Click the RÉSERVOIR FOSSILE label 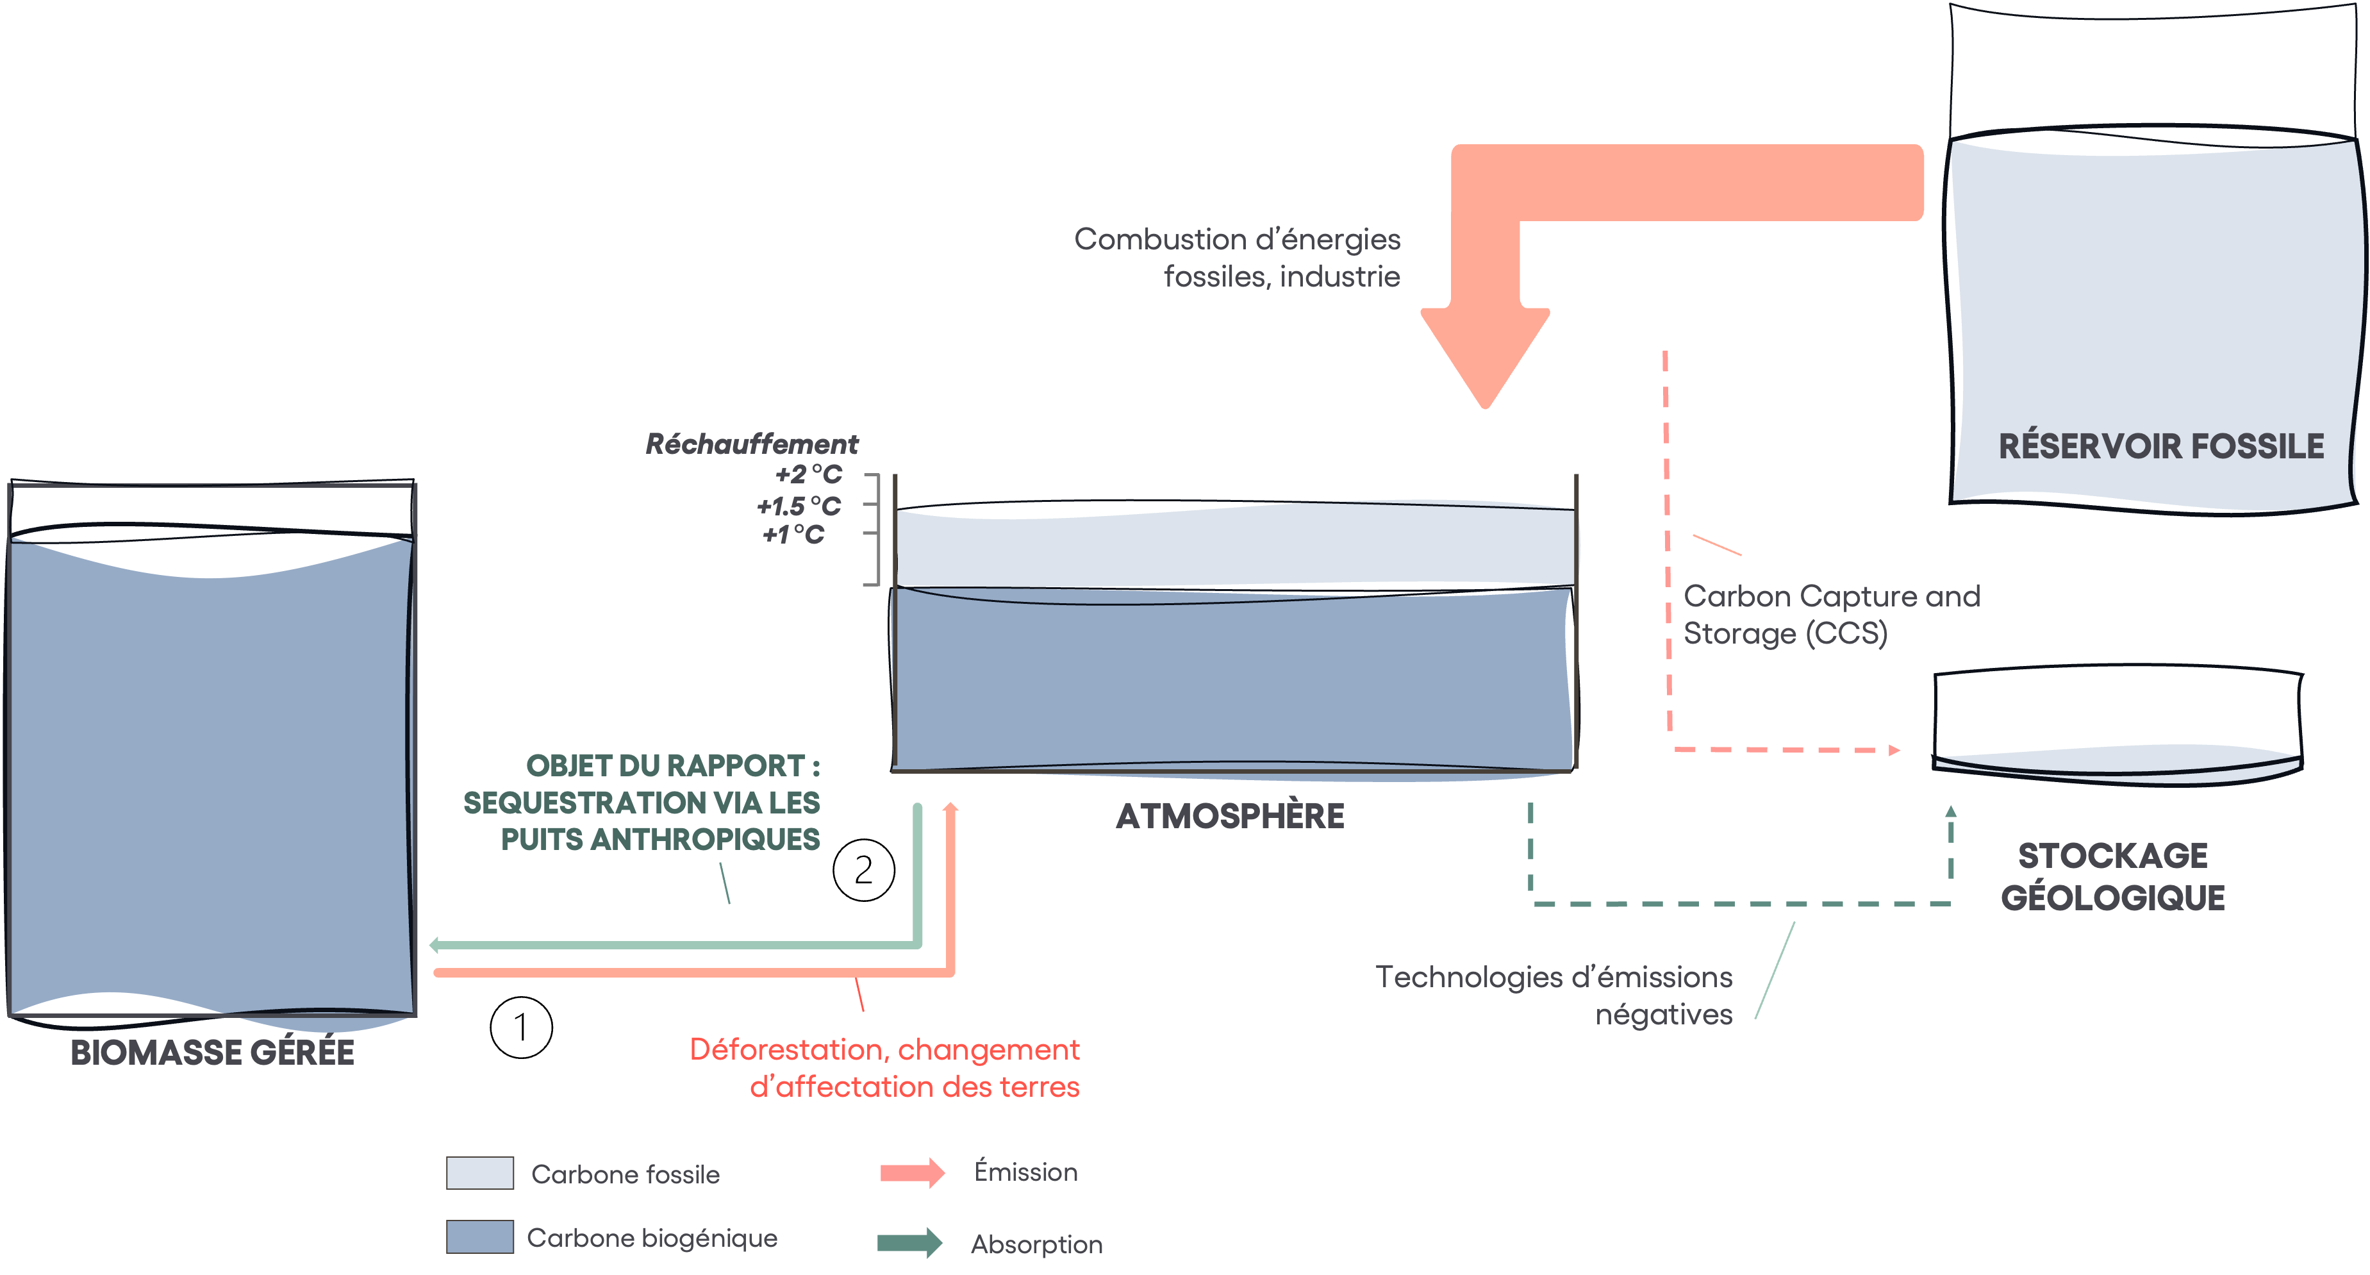[x=2160, y=446]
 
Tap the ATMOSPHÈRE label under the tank [x=1230, y=816]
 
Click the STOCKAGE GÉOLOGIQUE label [x=2112, y=876]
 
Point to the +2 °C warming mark [x=809, y=474]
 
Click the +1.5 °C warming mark [x=799, y=506]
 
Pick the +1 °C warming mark [x=793, y=535]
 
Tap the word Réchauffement [x=752, y=444]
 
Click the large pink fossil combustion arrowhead [x=1485, y=354]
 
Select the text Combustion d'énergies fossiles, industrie [x=1238, y=258]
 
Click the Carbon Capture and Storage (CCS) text [x=1831, y=615]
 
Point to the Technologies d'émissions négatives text [x=1555, y=996]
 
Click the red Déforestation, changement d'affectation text [x=885, y=1068]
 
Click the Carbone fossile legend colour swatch [x=479, y=1173]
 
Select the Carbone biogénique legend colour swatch [x=479, y=1237]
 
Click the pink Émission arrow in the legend [x=912, y=1173]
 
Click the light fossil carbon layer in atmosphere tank [x=1233, y=547]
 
